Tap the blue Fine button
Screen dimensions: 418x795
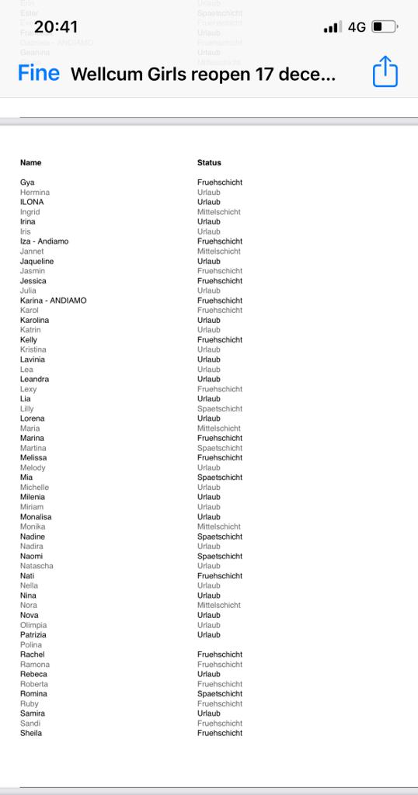pyautogui.click(x=39, y=74)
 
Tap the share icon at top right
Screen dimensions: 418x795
pyautogui.click(x=385, y=74)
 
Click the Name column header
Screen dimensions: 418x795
pyautogui.click(x=31, y=163)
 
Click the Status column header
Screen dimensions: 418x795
pyautogui.click(x=209, y=163)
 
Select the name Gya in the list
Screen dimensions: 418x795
pyautogui.click(x=27, y=182)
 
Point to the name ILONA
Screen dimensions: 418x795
pyautogui.click(x=32, y=202)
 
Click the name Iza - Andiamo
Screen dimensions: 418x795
pyautogui.click(x=44, y=241)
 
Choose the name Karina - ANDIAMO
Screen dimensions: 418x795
pyautogui.click(x=54, y=300)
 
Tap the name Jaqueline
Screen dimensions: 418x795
pyautogui.click(x=37, y=262)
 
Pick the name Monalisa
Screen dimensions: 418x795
pyautogui.click(x=36, y=517)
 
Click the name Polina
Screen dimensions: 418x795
pyautogui.click(x=31, y=645)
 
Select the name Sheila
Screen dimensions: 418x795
pyautogui.click(x=31, y=733)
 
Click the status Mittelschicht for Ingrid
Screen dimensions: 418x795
pyautogui.click(x=219, y=212)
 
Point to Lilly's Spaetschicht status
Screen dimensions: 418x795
pyautogui.click(x=220, y=409)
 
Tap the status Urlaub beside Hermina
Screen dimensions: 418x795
pyautogui.click(x=209, y=193)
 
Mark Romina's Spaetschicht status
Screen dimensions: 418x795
pyautogui.click(x=220, y=694)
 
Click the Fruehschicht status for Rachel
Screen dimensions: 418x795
pyautogui.click(x=220, y=654)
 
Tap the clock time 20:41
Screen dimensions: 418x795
pyautogui.click(x=56, y=27)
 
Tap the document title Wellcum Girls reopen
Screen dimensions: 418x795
pyautogui.click(x=203, y=75)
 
